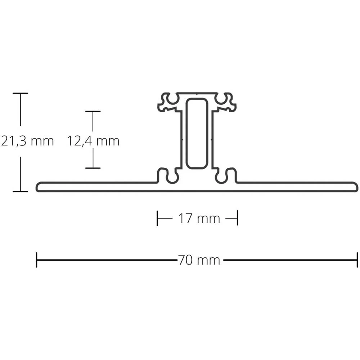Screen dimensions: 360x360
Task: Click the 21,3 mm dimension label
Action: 27,141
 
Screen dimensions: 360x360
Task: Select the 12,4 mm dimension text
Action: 93,141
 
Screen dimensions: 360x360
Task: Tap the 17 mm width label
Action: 198,218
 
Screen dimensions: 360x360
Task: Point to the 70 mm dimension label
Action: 198,260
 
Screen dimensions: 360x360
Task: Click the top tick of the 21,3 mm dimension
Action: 21,93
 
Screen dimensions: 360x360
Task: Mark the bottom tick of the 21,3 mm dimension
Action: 21,191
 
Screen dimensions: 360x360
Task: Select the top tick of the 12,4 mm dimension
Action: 93,111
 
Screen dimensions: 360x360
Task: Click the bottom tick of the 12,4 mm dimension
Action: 93,168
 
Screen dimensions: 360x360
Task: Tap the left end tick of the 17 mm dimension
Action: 157,218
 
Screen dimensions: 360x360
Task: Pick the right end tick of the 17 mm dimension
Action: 237,218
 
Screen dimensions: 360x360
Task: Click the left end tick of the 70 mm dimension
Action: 37,260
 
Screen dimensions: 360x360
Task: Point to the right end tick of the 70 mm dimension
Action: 357,260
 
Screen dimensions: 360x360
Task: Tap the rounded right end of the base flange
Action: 355,187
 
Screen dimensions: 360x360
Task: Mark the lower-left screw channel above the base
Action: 168,175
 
